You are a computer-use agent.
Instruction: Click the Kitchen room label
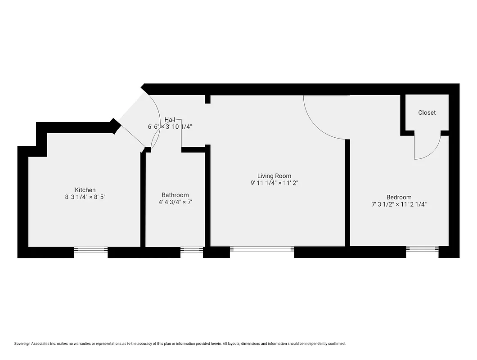point(85,190)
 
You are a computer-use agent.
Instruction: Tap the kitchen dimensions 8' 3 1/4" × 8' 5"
point(85,197)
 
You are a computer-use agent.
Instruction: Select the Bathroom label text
point(175,195)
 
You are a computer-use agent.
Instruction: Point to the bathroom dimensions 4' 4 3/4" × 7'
point(175,202)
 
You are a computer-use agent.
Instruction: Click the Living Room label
point(274,176)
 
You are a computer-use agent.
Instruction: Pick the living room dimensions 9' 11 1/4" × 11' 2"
point(274,183)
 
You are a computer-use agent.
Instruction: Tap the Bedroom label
point(399,197)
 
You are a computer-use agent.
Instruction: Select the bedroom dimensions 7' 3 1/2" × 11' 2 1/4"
point(399,204)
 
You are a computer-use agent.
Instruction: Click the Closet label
point(427,112)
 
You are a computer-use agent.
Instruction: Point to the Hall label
point(170,119)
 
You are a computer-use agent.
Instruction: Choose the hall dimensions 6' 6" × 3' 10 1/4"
point(170,127)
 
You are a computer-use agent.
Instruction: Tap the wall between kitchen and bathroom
point(143,200)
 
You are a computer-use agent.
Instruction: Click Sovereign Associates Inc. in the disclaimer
point(35,343)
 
